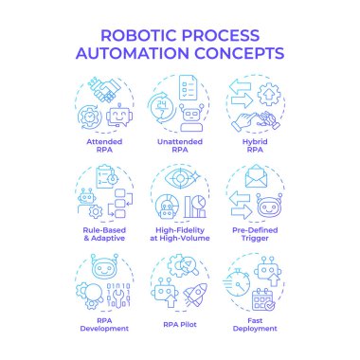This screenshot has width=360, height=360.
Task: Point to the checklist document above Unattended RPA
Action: [x=189, y=89]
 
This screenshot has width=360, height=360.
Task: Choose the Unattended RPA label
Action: [x=180, y=145]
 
